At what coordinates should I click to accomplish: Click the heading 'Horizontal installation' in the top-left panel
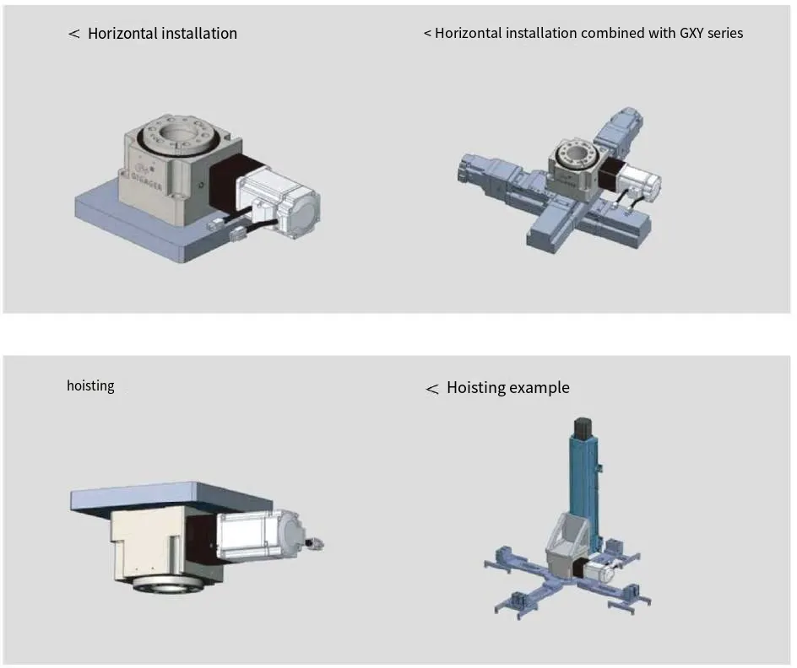(x=162, y=34)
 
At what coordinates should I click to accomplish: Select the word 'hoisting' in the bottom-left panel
(x=90, y=385)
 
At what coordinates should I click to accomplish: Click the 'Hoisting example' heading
(x=507, y=388)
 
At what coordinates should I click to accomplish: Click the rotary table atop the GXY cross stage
(x=576, y=164)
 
